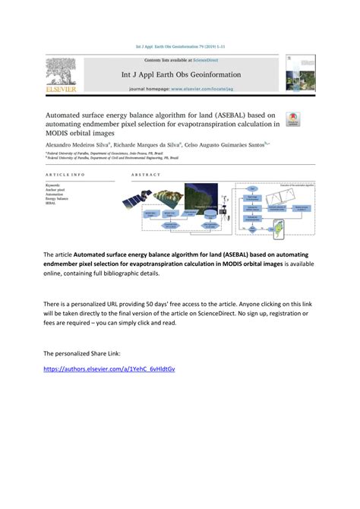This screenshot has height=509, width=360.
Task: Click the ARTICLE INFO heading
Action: [65, 174]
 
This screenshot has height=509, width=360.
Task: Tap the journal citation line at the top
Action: [180, 46]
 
